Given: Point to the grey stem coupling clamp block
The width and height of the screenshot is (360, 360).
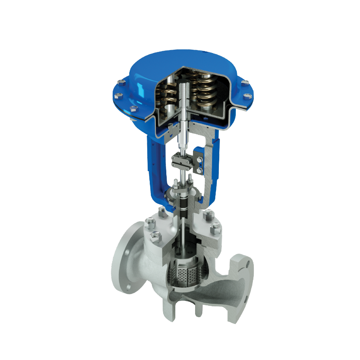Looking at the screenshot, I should coord(182,160).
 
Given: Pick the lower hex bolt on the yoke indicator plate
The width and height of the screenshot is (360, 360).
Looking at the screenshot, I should coord(199,170).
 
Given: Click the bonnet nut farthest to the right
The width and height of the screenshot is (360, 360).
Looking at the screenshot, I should coord(216,228).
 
